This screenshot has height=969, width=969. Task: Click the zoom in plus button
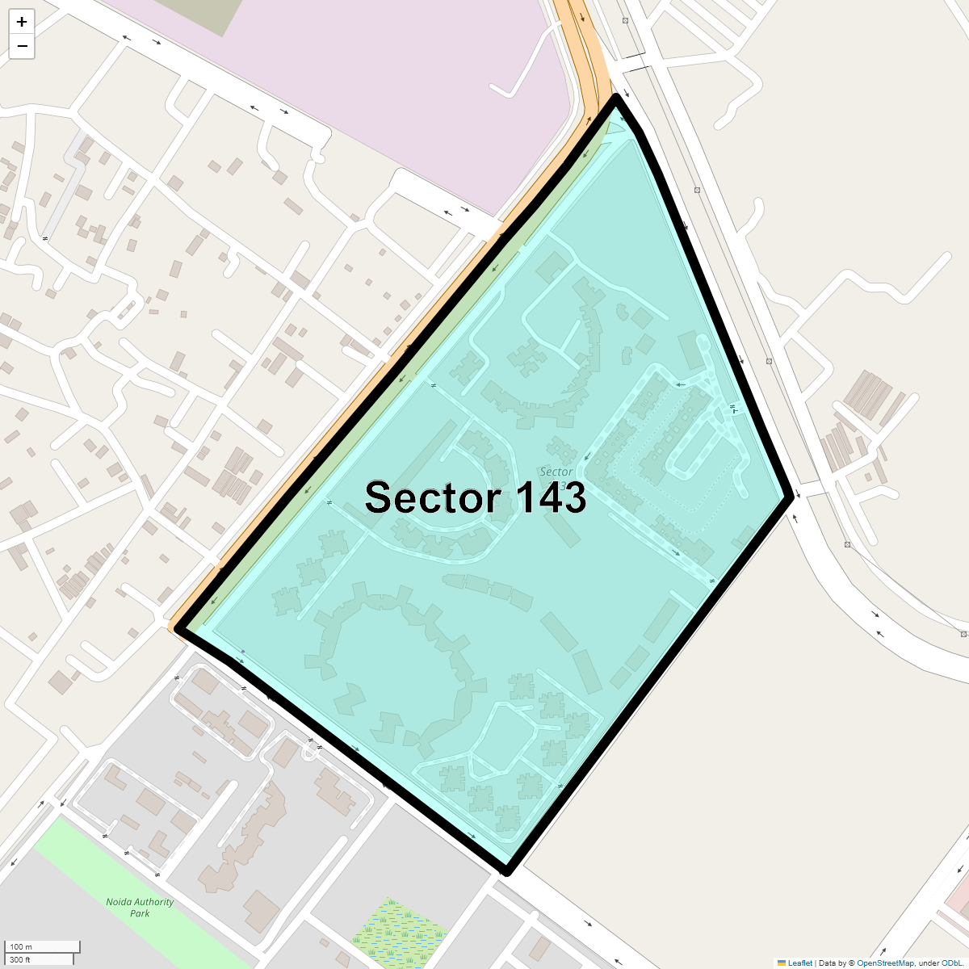pyautogui.click(x=22, y=22)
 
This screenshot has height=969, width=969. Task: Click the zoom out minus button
pyautogui.click(x=22, y=46)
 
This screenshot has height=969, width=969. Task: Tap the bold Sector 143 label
pyautogui.click(x=475, y=497)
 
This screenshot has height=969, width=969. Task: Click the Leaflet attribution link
pyautogui.click(x=799, y=963)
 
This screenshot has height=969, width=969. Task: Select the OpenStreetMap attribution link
pyautogui.click(x=885, y=963)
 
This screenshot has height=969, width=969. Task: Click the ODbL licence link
pyautogui.click(x=951, y=963)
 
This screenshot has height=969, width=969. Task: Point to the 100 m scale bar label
pyautogui.click(x=22, y=946)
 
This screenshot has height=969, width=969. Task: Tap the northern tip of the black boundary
pyautogui.click(x=616, y=98)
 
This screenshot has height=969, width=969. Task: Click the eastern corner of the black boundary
pyautogui.click(x=790, y=497)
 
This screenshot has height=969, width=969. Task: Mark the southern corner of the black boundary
pyautogui.click(x=506, y=871)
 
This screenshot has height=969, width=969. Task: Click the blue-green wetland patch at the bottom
pyautogui.click(x=399, y=933)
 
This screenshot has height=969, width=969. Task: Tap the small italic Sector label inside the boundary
pyautogui.click(x=556, y=472)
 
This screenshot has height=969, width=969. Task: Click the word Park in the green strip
pyautogui.click(x=140, y=913)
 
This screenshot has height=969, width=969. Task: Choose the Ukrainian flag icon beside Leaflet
pyautogui.click(x=781, y=963)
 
